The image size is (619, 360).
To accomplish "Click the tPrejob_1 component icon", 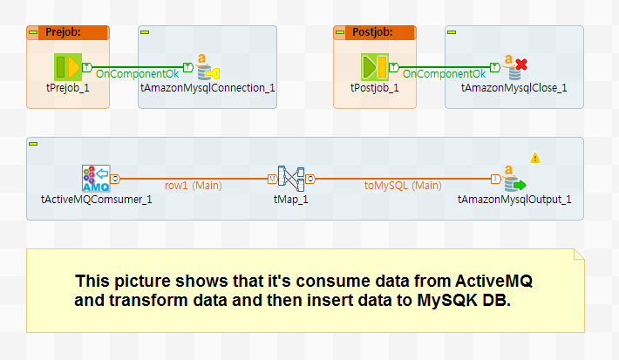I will click(67, 67).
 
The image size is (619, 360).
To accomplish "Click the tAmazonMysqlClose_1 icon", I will click(514, 67).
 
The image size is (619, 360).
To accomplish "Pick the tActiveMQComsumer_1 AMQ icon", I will click(96, 179).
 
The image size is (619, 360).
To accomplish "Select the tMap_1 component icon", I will click(291, 179).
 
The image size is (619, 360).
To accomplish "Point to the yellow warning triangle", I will click(535, 158).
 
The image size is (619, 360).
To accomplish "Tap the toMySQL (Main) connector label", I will click(402, 185).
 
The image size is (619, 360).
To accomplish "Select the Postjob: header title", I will click(371, 32).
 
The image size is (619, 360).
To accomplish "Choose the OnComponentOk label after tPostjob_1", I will click(445, 74).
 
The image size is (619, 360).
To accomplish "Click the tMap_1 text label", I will click(291, 199).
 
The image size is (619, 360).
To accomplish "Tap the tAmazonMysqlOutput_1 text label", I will click(514, 199).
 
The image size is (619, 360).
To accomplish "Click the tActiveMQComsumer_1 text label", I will click(97, 199).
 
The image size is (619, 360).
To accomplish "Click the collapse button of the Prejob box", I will click(33, 32).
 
